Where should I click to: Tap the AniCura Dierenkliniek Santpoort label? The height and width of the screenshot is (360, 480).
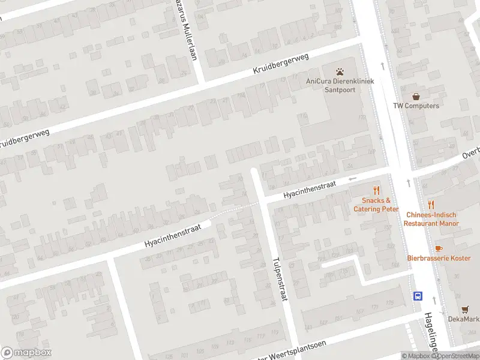pyautogui.click(x=340, y=86)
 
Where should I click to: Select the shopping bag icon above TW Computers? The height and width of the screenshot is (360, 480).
pyautogui.click(x=416, y=96)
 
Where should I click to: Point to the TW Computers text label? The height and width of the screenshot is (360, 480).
pyautogui.click(x=416, y=106)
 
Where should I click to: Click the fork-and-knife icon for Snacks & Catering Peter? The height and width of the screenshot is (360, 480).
pyautogui.click(x=376, y=190)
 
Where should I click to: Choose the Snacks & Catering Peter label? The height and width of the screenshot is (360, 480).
pyautogui.click(x=376, y=205)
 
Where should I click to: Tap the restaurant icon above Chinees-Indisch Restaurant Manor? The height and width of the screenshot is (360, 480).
pyautogui.click(x=430, y=205)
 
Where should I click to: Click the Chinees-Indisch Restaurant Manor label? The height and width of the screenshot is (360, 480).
pyautogui.click(x=430, y=219)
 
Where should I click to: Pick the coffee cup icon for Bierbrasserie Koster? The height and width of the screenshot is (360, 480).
pyautogui.click(x=439, y=248)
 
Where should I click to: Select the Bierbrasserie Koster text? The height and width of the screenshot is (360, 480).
pyautogui.click(x=439, y=258)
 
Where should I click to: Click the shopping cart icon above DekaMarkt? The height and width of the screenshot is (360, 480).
pyautogui.click(x=466, y=309)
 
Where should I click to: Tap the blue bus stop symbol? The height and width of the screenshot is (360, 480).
pyautogui.click(x=417, y=295)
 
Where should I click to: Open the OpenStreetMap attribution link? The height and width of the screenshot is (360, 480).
pyautogui.click(x=455, y=356)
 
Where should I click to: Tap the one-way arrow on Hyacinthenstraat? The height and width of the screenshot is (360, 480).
pyautogui.click(x=353, y=178)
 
